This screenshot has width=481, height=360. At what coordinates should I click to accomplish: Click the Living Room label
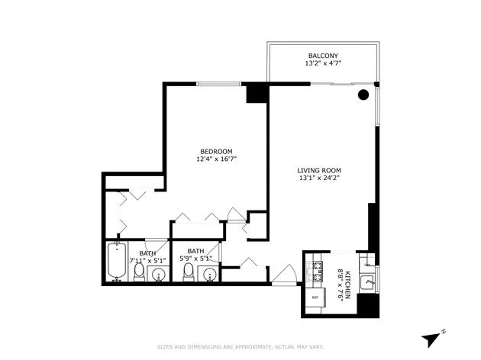pyautogui.click(x=319, y=170)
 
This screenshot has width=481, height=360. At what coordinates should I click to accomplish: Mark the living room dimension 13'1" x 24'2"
pyautogui.click(x=319, y=179)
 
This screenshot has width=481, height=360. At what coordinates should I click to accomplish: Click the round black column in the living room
pyautogui.click(x=364, y=95)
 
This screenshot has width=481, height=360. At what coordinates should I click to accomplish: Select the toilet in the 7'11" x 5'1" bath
pyautogui.click(x=139, y=273)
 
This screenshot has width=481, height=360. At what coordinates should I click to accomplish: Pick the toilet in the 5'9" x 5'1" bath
pyautogui.click(x=189, y=274)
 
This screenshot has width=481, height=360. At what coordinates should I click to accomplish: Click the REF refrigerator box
pyautogui.click(x=314, y=297)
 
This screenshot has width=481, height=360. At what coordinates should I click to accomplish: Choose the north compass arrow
pyautogui.click(x=434, y=336)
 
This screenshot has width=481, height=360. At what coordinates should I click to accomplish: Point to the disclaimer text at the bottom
pyautogui.click(x=240, y=346)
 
